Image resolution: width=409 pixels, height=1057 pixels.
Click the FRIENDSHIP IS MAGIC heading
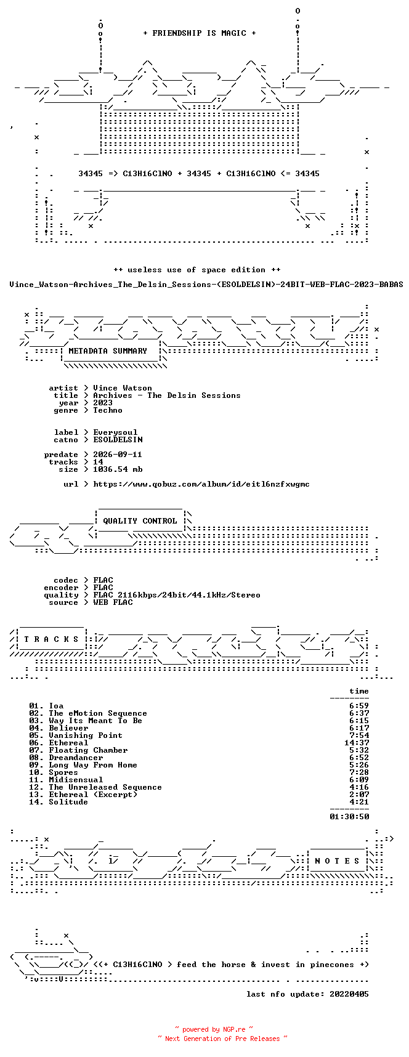[x=200, y=33]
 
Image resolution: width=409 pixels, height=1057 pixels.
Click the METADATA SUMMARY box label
[x=108, y=351]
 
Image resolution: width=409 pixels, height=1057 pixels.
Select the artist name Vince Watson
[x=123, y=388]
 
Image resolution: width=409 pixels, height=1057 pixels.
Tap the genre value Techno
[x=108, y=410]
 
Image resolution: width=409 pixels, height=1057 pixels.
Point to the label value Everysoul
[x=115, y=432]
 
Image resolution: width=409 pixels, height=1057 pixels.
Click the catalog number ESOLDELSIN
[x=118, y=440]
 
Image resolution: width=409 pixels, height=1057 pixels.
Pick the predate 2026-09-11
[x=118, y=455]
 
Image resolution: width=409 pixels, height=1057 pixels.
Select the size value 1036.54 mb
[x=118, y=469]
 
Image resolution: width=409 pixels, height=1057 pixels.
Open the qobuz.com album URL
[x=201, y=484]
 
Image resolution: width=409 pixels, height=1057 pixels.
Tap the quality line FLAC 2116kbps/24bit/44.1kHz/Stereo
[x=177, y=595]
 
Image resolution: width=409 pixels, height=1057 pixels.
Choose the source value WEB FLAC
[x=113, y=602]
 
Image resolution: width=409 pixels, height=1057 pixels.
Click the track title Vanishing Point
[x=86, y=735]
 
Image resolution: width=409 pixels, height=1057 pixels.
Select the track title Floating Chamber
[x=88, y=750]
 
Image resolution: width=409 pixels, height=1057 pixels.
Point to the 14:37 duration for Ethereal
[x=357, y=743]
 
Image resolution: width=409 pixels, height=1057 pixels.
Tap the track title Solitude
[x=68, y=802]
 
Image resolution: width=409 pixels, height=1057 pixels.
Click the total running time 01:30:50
[x=349, y=817]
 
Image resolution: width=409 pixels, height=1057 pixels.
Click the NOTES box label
[x=337, y=861]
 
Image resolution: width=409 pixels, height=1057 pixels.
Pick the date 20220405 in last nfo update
[x=349, y=994]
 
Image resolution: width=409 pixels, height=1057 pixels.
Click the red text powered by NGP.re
[x=214, y=1029]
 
